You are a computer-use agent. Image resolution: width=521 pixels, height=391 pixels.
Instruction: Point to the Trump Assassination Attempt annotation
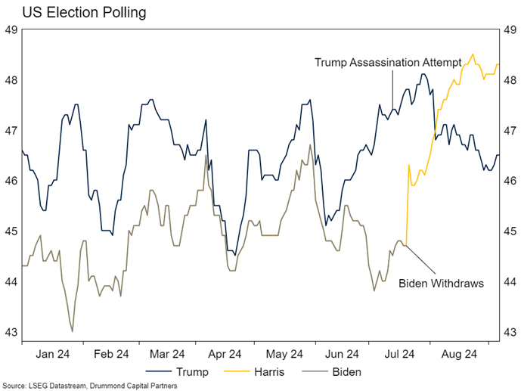(387, 63)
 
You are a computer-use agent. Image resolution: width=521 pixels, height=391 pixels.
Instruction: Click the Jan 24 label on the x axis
(54, 353)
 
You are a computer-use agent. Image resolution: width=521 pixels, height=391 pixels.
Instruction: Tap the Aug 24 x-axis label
(458, 353)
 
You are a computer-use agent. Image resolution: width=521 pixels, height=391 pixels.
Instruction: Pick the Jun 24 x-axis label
(342, 353)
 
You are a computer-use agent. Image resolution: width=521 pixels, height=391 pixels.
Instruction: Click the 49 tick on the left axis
(11, 30)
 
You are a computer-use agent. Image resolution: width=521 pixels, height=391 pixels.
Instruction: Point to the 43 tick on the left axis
(11, 332)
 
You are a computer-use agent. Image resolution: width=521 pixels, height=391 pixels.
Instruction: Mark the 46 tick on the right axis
(510, 181)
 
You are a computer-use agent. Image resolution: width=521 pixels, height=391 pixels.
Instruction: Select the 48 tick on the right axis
(510, 80)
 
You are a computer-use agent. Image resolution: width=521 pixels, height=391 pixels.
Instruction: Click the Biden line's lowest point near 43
(73, 331)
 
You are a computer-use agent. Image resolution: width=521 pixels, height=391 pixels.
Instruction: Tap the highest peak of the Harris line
(473, 54)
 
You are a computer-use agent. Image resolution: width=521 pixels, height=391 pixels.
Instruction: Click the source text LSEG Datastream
(54, 385)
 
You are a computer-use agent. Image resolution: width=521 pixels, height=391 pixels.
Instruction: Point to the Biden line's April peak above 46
(206, 155)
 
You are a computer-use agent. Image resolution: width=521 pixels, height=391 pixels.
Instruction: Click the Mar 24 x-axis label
(167, 353)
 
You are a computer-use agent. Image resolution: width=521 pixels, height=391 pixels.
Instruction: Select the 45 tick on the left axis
(11, 231)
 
